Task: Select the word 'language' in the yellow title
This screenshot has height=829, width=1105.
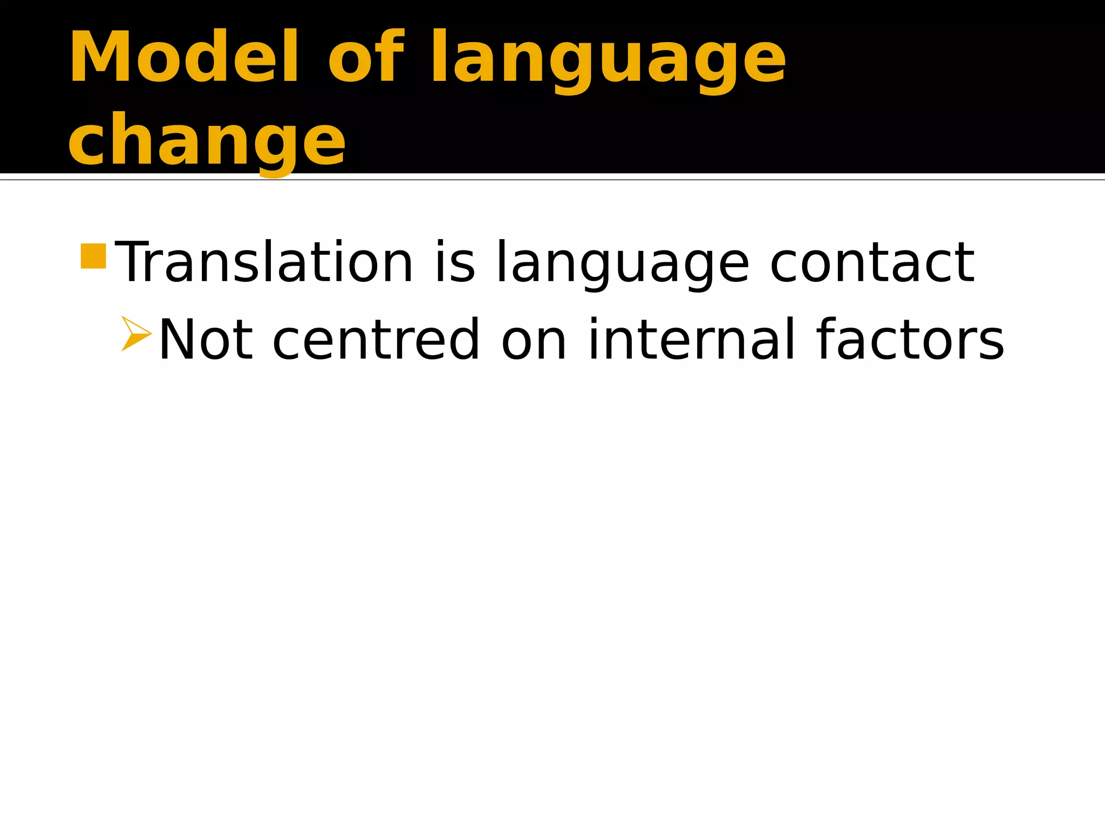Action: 608,60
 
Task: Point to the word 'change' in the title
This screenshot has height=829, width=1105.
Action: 207,142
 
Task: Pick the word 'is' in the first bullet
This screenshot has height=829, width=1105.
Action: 455,262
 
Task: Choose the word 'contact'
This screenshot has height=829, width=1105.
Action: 872,262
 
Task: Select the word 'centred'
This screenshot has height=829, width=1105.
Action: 376,340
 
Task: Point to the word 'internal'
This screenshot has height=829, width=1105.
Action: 691,340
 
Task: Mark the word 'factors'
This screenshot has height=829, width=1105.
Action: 910,340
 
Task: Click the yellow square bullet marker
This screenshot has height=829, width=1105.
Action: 93,256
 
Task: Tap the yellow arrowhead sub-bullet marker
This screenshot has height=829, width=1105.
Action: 135,334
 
